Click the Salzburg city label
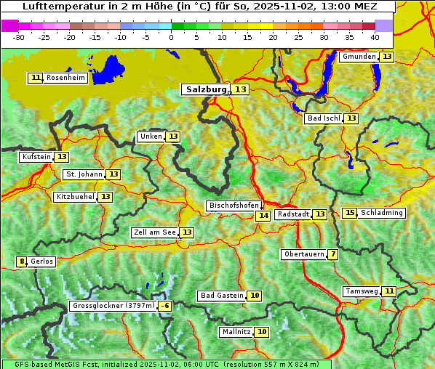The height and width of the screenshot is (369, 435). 205,89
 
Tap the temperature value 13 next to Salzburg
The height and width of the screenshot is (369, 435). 241,89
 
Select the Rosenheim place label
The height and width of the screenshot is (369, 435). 65,78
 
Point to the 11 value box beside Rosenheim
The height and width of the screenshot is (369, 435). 36,78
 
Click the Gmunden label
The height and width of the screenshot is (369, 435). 359,57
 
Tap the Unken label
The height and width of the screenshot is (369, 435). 151,137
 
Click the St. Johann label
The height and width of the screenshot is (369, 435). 84,174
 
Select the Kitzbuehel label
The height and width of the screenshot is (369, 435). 75,197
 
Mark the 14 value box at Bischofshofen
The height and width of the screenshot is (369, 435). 263,216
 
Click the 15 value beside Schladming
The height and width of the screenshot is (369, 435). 350,213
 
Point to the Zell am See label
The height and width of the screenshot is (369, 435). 154,232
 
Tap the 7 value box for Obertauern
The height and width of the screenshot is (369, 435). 332,254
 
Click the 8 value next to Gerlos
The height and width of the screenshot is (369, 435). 22,261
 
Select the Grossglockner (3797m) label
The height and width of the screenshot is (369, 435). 113,306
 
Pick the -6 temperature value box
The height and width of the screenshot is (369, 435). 165,306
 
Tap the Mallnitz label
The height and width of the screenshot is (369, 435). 236,332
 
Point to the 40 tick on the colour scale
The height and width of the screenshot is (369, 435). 374,37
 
